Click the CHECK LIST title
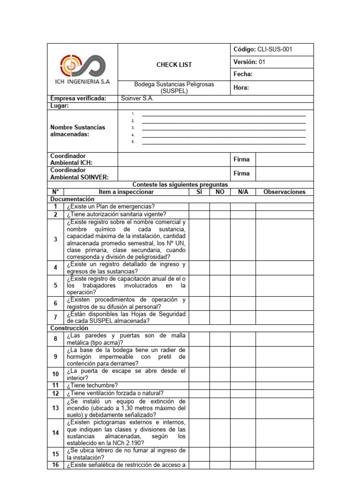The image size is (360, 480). pyautogui.click(x=174, y=65)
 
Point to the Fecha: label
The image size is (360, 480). pyautogui.click(x=243, y=74)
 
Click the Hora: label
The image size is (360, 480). pyautogui.click(x=241, y=87)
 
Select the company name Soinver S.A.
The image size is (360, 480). pyautogui.click(x=137, y=98)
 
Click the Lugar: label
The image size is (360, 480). pyautogui.click(x=60, y=106)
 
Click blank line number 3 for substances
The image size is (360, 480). pyautogui.click(x=224, y=128)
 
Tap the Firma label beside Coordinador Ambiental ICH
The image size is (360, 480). pyautogui.click(x=241, y=159)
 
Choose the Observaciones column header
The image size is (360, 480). pyautogui.click(x=285, y=192)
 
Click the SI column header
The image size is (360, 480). pyautogui.click(x=199, y=192)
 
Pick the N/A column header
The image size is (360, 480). pyautogui.click(x=243, y=192)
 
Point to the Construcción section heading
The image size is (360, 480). pyautogui.click(x=70, y=328)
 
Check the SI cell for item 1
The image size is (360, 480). pyautogui.click(x=199, y=206)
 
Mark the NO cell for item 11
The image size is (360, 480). pyautogui.click(x=220, y=385)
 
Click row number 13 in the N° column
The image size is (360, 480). pyautogui.click(x=55, y=408)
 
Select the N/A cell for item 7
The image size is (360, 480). pyautogui.click(x=243, y=317)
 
